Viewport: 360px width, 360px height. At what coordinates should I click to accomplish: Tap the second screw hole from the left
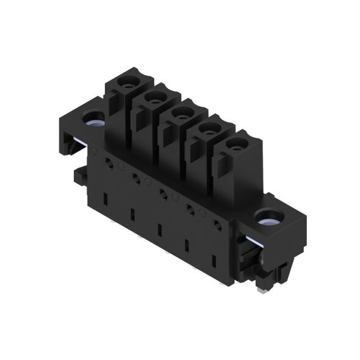(x=152, y=96)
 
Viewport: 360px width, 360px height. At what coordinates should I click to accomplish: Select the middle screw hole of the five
(x=179, y=112)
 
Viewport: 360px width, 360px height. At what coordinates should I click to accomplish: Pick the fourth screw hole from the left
(x=206, y=128)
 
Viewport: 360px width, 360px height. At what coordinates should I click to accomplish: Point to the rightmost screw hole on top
(x=234, y=144)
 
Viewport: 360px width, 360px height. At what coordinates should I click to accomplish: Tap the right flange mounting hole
(x=267, y=216)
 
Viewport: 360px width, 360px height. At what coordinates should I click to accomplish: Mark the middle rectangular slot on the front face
(x=159, y=231)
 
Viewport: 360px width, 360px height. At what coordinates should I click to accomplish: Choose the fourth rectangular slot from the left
(x=187, y=247)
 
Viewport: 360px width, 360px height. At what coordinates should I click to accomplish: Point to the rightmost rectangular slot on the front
(x=214, y=262)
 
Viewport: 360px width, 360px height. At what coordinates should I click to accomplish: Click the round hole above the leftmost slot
(x=108, y=163)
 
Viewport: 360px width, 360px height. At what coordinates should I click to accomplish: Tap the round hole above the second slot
(x=135, y=179)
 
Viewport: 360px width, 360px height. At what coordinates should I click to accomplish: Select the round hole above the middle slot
(x=163, y=195)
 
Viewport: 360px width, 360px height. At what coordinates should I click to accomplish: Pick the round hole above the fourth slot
(x=190, y=211)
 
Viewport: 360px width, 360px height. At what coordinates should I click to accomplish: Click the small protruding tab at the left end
(x=77, y=176)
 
